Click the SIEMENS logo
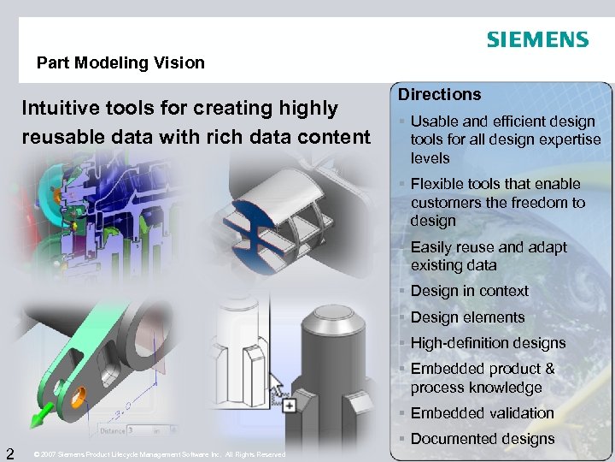537,39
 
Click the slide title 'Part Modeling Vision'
120,62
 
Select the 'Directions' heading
439,94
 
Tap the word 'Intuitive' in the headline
58,109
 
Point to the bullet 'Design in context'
469,291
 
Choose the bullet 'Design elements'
467,317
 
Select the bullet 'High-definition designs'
488,343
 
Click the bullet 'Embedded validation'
482,413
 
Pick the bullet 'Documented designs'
483,439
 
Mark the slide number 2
9,452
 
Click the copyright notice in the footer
159,454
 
